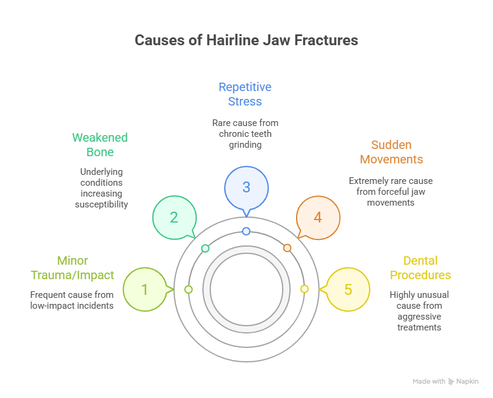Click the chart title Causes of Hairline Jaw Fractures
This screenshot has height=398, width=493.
[246, 40]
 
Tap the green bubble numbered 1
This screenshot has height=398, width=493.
[144, 289]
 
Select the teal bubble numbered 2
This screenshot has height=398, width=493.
[173, 217]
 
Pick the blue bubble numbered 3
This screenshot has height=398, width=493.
[246, 187]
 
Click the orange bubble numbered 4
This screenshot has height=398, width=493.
[318, 217]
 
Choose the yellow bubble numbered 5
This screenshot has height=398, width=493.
[348, 289]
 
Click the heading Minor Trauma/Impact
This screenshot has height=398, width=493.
[72, 268]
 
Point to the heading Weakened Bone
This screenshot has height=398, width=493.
[100, 144]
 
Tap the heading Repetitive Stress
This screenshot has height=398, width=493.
[245, 93]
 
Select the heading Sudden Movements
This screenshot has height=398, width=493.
[391, 152]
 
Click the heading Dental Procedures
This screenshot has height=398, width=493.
[420, 268]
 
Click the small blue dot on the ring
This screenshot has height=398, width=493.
[246, 232]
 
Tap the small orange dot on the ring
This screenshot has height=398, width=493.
[287, 248]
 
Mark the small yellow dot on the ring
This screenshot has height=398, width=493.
[304, 289]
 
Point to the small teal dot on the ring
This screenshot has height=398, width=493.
[205, 248]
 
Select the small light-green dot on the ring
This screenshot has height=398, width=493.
[188, 289]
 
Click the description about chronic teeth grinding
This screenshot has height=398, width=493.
[245, 134]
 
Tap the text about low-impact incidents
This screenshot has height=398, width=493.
[72, 300]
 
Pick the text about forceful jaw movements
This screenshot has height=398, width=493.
[391, 192]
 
